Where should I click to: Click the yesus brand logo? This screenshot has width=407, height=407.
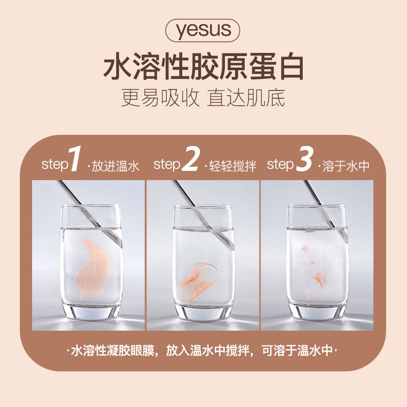pyautogui.click(x=202, y=31)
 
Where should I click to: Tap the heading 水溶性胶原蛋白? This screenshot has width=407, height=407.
pyautogui.click(x=203, y=67)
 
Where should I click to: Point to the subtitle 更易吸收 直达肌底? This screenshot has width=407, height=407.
pyautogui.click(x=203, y=98)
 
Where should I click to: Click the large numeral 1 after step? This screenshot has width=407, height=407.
pyautogui.click(x=75, y=159)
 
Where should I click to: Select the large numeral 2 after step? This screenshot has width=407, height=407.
pyautogui.click(x=191, y=159)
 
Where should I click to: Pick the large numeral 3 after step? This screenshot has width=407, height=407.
pyautogui.click(x=304, y=159)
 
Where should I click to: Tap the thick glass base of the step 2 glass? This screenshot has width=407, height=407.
pyautogui.click(x=203, y=312)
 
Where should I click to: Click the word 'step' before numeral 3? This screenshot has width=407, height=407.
pyautogui.click(x=280, y=164)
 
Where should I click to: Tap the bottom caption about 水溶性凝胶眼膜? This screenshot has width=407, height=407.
pyautogui.click(x=202, y=351)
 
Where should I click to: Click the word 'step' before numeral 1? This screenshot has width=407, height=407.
pyautogui.click(x=55, y=164)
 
